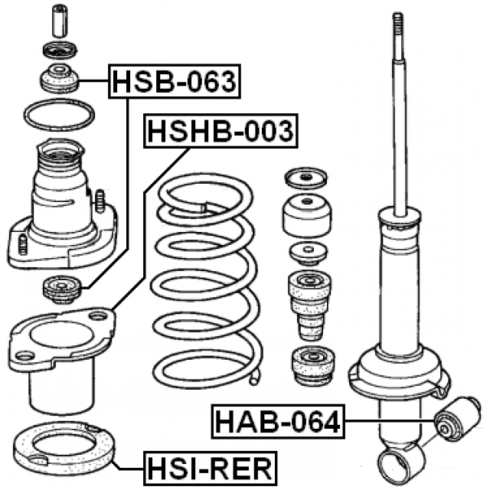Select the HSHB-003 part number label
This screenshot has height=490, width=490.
(220, 132)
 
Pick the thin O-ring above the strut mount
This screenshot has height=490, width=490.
(58, 116)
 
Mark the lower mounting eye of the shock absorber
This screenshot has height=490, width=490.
(399, 463)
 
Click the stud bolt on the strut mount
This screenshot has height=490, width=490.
(100, 201)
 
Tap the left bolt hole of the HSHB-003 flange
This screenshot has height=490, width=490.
(24, 354)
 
